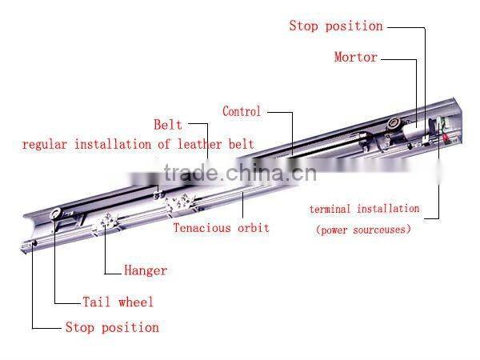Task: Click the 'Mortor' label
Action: click(x=355, y=58)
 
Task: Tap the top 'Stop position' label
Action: click(x=335, y=26)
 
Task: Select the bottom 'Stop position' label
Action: click(x=112, y=327)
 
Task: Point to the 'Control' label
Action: click(x=242, y=112)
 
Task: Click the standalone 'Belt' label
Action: click(x=168, y=126)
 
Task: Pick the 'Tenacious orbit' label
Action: click(x=222, y=228)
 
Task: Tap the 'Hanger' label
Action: click(x=146, y=270)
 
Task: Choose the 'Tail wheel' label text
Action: click(x=118, y=302)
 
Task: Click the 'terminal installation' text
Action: click(x=364, y=209)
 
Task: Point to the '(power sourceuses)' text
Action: click(x=363, y=230)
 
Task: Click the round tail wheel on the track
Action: click(x=55, y=214)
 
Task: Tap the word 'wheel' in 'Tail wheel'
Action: click(x=135, y=302)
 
